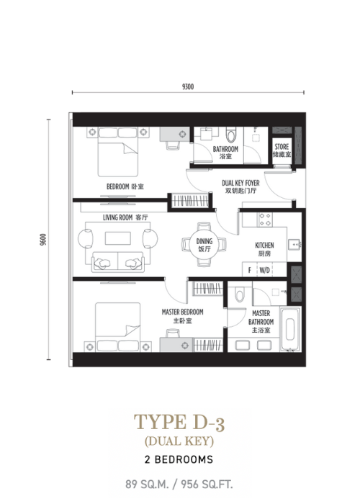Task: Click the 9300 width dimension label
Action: click(188, 87)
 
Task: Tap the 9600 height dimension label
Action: click(43, 240)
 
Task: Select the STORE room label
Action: click(282, 147)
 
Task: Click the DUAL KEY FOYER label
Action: click(240, 183)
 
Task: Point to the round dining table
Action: click(204, 244)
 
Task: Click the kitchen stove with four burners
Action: click(265, 219)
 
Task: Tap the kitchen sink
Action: click(294, 245)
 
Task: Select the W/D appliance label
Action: click(264, 270)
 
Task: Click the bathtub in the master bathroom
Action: click(291, 329)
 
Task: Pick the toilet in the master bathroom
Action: click(240, 294)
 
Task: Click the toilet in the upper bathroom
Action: click(231, 135)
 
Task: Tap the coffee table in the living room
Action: click(118, 238)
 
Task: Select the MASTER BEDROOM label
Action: click(183, 312)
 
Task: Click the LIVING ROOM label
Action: click(117, 217)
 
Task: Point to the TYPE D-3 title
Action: click(179, 423)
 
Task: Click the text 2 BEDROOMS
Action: click(179, 459)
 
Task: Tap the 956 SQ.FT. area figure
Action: click(207, 484)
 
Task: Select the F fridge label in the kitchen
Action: click(250, 270)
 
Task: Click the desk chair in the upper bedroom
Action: click(173, 145)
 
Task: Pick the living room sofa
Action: click(118, 262)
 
